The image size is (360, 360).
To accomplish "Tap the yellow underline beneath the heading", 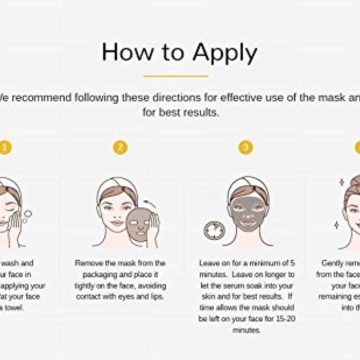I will (x=176, y=76).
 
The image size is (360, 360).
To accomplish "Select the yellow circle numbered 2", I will (x=120, y=147).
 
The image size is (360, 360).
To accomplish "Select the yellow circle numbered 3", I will (x=246, y=147).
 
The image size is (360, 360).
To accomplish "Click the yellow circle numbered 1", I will (x=5, y=147).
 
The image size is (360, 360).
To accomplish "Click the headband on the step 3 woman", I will (x=247, y=185).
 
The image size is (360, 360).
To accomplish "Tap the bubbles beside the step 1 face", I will (x=25, y=217).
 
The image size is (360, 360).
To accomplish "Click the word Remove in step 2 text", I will (x=89, y=263).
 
